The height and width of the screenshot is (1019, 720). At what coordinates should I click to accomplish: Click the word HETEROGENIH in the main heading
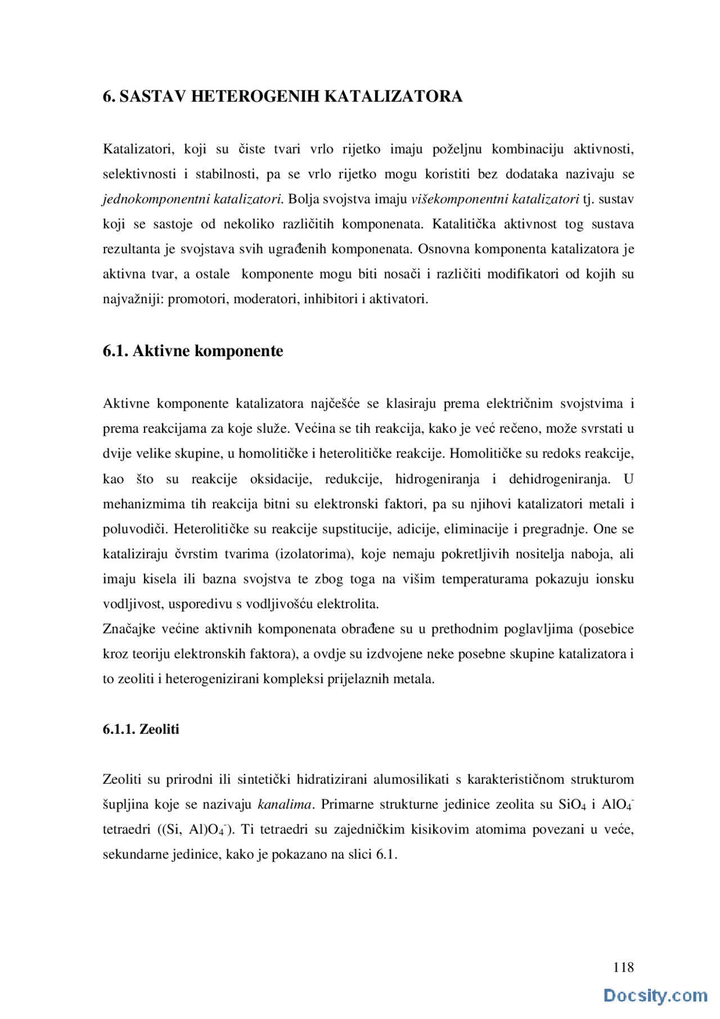click(255, 96)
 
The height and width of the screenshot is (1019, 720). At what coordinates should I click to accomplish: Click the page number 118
click(623, 967)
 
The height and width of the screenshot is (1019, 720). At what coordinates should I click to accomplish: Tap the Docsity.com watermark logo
click(655, 995)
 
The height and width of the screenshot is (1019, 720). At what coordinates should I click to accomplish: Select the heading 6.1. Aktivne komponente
click(193, 351)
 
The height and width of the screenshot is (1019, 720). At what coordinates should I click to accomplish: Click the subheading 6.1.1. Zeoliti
click(141, 729)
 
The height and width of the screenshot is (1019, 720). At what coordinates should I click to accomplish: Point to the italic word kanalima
click(284, 805)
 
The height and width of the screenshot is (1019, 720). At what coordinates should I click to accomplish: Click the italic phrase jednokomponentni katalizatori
click(192, 199)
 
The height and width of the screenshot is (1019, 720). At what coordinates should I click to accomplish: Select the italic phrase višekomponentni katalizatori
click(494, 199)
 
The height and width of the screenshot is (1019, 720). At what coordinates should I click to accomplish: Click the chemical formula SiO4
click(571, 805)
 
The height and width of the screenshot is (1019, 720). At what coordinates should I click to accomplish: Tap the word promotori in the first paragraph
click(197, 299)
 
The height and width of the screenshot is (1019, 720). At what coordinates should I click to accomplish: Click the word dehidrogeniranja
click(559, 479)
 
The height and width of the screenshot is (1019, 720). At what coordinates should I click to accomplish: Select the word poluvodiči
click(135, 529)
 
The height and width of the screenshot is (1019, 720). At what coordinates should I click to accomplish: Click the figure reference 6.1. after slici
click(387, 855)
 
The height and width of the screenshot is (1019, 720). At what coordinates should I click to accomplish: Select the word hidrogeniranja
click(437, 479)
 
